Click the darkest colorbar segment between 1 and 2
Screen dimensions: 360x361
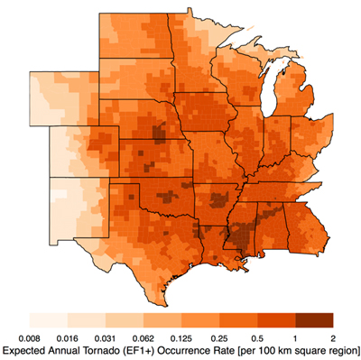pos(314,319)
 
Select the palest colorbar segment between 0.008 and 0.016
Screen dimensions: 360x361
pos(49,319)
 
